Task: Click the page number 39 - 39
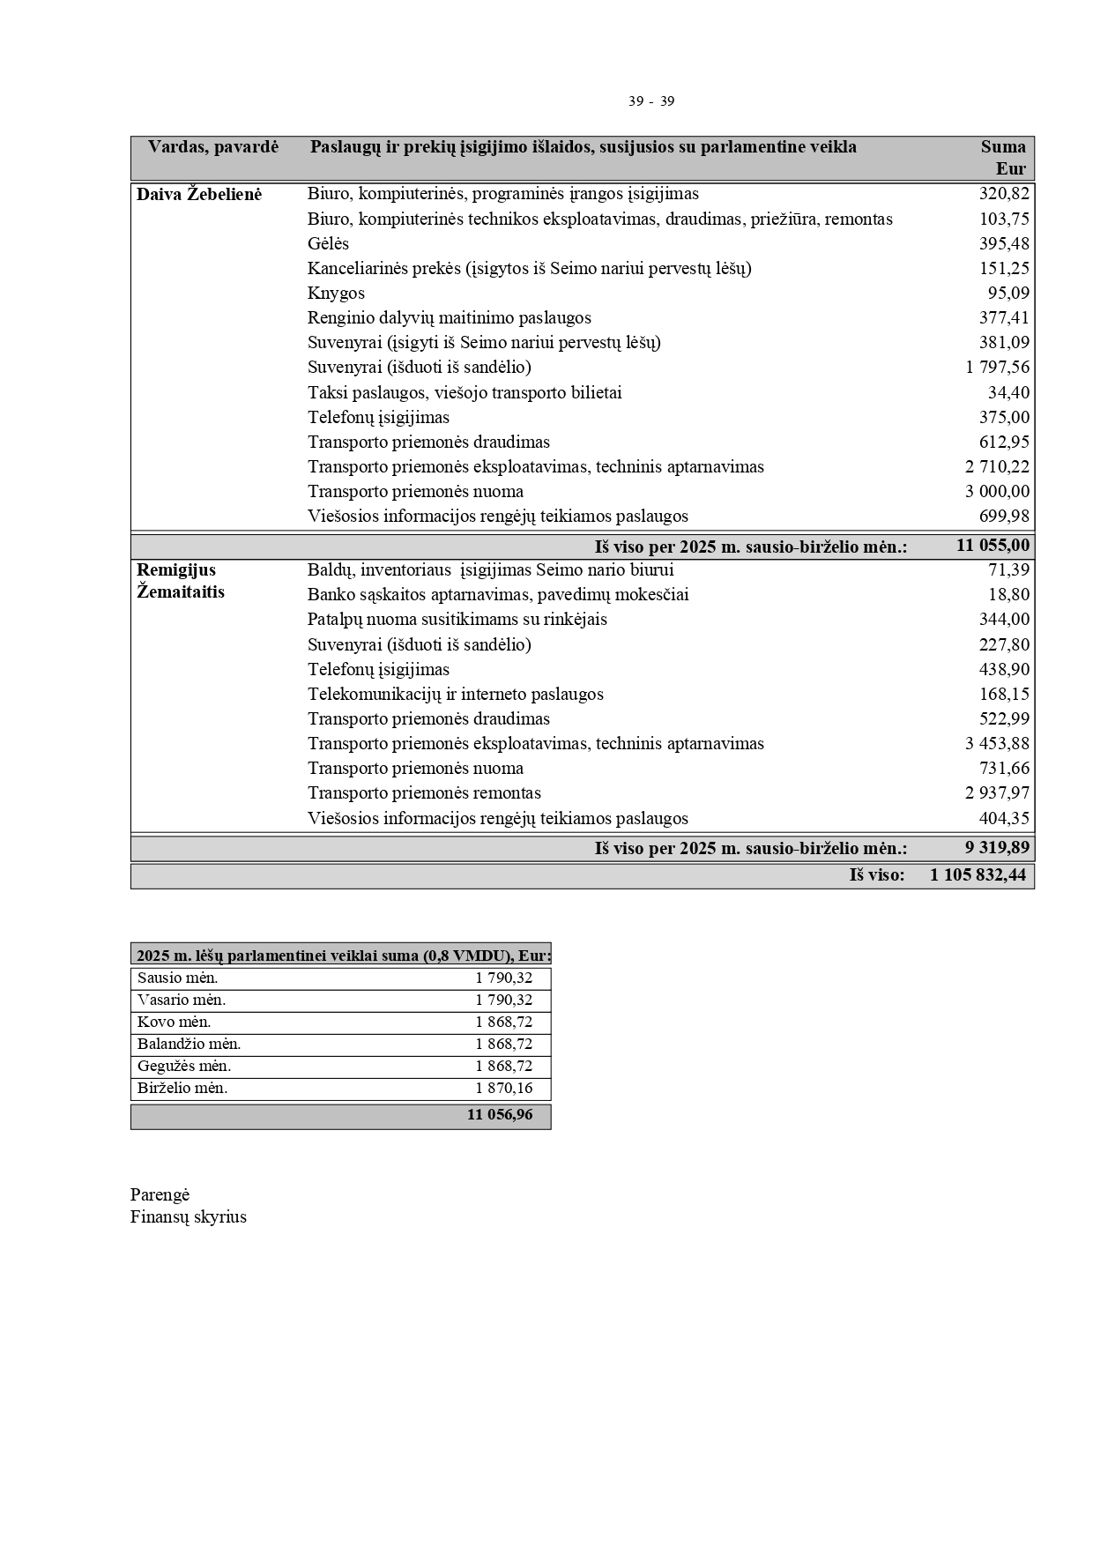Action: (x=651, y=101)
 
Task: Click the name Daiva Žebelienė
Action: (x=199, y=194)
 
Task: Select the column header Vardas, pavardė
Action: (x=213, y=147)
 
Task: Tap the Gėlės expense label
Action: (x=328, y=243)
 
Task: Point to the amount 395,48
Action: (x=1004, y=243)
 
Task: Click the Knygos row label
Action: (x=336, y=293)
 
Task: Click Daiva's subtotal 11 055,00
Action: (x=993, y=546)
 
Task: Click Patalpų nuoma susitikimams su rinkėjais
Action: (x=457, y=619)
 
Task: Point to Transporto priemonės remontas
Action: (x=424, y=792)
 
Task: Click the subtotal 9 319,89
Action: (x=997, y=848)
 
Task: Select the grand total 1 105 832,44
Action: (x=978, y=874)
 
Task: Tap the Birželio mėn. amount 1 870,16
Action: (x=504, y=1088)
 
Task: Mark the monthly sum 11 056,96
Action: (x=500, y=1114)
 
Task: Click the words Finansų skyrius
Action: (x=189, y=1216)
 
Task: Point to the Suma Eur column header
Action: (x=1005, y=157)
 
